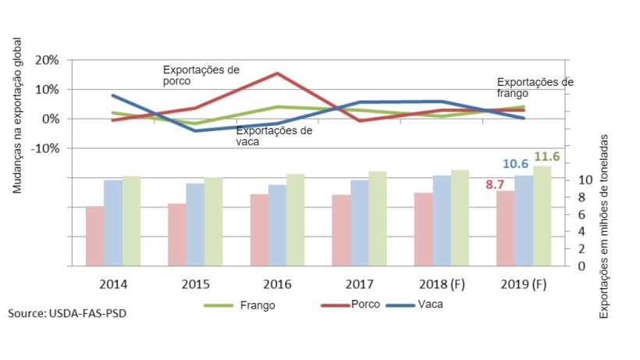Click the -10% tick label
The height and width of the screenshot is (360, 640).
tap(45, 148)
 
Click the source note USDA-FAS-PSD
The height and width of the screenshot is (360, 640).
tap(66, 313)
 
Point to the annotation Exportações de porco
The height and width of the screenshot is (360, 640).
tap(201, 75)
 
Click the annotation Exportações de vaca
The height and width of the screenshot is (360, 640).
tap(274, 136)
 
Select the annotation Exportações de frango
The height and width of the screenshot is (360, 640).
tap(535, 87)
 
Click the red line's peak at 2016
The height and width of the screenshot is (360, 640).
tap(278, 73)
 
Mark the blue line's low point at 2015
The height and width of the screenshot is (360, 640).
tap(195, 130)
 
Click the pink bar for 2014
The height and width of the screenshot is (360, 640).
tap(94, 236)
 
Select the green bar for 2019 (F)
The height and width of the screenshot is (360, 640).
tap(542, 216)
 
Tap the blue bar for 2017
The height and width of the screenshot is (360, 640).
tap(359, 223)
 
